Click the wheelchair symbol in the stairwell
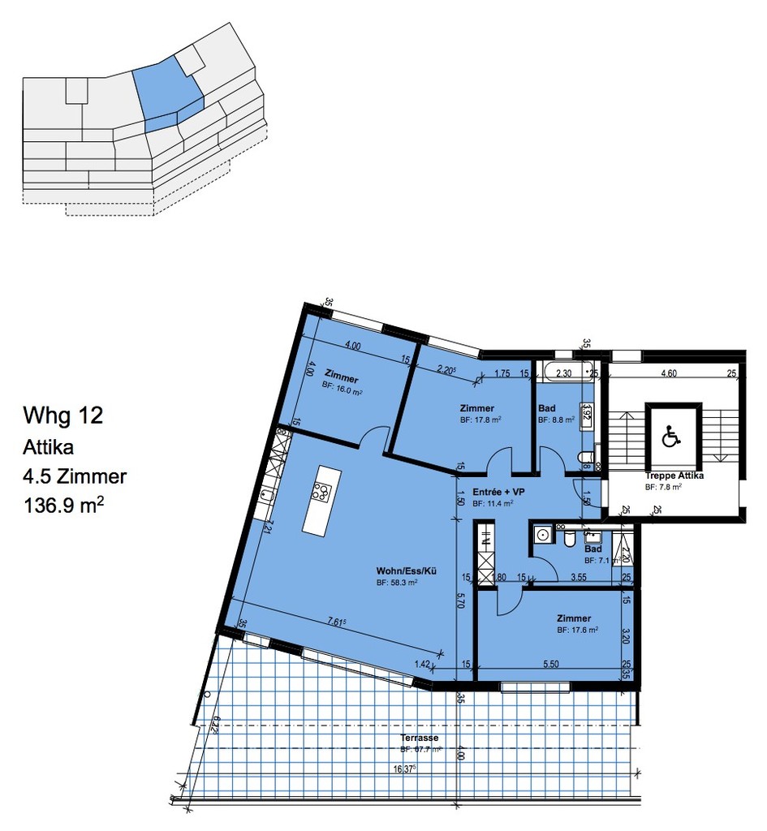670,437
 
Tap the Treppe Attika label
673,476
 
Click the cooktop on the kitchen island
321,492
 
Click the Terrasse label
420,738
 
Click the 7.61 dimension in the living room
335,622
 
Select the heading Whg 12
63,417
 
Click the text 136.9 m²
64,506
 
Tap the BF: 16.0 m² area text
343,392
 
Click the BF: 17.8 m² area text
480,420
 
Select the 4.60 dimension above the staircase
669,374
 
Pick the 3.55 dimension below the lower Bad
579,577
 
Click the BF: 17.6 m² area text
578,630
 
